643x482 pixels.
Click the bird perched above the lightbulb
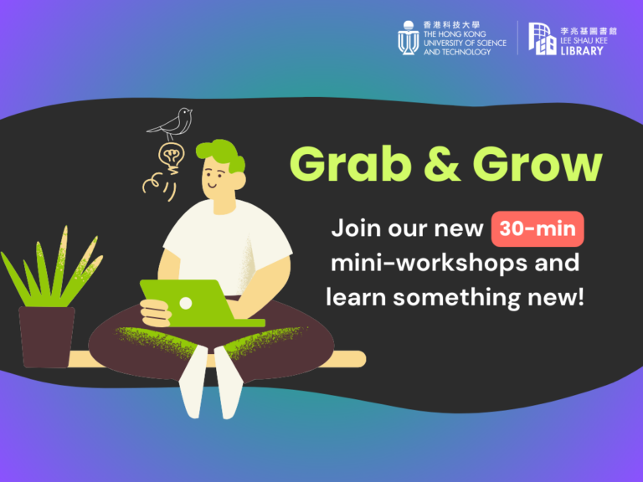click(x=172, y=123)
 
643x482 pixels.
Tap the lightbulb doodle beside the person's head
click(x=171, y=156)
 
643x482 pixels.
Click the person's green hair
click(x=221, y=155)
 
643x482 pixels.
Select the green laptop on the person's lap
click(x=197, y=303)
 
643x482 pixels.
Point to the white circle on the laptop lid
click(x=186, y=303)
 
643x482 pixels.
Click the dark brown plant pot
click(x=47, y=337)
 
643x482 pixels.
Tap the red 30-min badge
click(x=538, y=228)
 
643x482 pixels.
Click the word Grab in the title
click(x=351, y=165)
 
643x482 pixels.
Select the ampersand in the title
click(x=442, y=164)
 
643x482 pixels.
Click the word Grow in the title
click(x=538, y=165)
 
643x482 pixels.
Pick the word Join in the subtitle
click(x=357, y=228)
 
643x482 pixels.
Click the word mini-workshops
click(x=430, y=264)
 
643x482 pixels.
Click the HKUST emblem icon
click(x=408, y=38)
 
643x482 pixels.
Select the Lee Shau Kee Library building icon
click(x=543, y=38)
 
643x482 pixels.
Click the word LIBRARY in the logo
click(x=582, y=51)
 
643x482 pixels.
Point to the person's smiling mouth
click(x=212, y=185)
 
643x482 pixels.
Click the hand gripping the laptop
click(x=155, y=313)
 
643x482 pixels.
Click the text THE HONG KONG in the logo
click(x=455, y=34)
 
